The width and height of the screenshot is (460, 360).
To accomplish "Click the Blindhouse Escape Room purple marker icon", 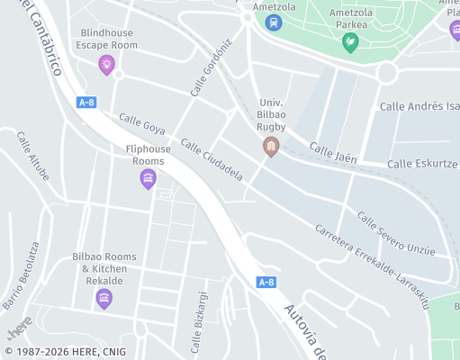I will click(x=106, y=63).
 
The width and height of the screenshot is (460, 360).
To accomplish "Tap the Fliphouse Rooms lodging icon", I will click(x=148, y=179).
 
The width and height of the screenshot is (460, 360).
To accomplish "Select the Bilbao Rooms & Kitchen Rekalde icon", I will click(x=104, y=297).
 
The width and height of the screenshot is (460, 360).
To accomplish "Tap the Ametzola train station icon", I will click(x=274, y=22).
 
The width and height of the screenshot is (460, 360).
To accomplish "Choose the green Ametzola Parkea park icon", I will click(x=351, y=40).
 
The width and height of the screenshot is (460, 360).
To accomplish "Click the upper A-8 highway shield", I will click(x=86, y=102).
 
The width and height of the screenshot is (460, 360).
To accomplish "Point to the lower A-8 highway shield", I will click(x=266, y=282).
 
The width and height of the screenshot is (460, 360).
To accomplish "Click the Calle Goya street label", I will click(x=142, y=122).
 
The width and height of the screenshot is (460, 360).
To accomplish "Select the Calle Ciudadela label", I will click(x=212, y=159).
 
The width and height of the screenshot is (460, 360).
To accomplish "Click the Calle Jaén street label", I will click(x=334, y=151).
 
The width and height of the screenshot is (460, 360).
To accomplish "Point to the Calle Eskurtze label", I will click(x=422, y=164).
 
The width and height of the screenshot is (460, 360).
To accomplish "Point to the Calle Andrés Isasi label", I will click(x=419, y=106).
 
